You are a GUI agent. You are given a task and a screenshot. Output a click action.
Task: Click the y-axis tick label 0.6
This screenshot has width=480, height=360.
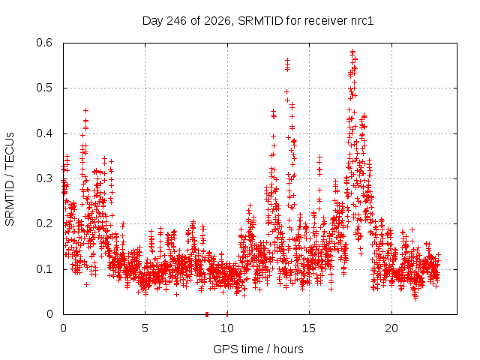44,43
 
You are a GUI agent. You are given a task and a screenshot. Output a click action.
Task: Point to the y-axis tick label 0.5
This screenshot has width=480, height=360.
44,88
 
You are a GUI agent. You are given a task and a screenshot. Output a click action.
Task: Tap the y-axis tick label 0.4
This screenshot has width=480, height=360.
44,133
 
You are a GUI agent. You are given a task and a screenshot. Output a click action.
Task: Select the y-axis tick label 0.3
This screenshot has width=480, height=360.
44,178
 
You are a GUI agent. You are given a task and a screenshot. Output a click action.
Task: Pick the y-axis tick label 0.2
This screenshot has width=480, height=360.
44,223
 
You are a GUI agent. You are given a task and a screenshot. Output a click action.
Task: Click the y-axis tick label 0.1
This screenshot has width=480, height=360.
44,269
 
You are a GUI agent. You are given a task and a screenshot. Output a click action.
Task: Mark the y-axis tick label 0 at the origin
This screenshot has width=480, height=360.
49,314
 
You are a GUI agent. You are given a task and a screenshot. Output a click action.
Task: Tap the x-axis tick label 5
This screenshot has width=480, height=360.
145,328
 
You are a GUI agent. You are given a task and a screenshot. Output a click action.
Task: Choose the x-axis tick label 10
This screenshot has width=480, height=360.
227,328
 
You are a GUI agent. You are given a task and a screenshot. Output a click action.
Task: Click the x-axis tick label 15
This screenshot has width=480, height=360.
309,328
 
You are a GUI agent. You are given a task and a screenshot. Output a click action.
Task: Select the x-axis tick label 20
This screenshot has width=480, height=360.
391,328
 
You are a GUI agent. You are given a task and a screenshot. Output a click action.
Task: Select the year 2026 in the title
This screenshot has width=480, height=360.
217,21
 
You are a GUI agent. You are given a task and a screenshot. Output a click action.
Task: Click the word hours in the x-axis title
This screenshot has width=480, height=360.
288,349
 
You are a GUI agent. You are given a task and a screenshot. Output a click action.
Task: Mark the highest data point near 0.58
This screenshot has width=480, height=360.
352,52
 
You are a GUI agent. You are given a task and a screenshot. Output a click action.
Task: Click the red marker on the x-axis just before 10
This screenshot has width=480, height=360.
207,314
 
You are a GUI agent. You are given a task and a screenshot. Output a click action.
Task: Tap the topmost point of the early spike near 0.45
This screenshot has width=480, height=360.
86,110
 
